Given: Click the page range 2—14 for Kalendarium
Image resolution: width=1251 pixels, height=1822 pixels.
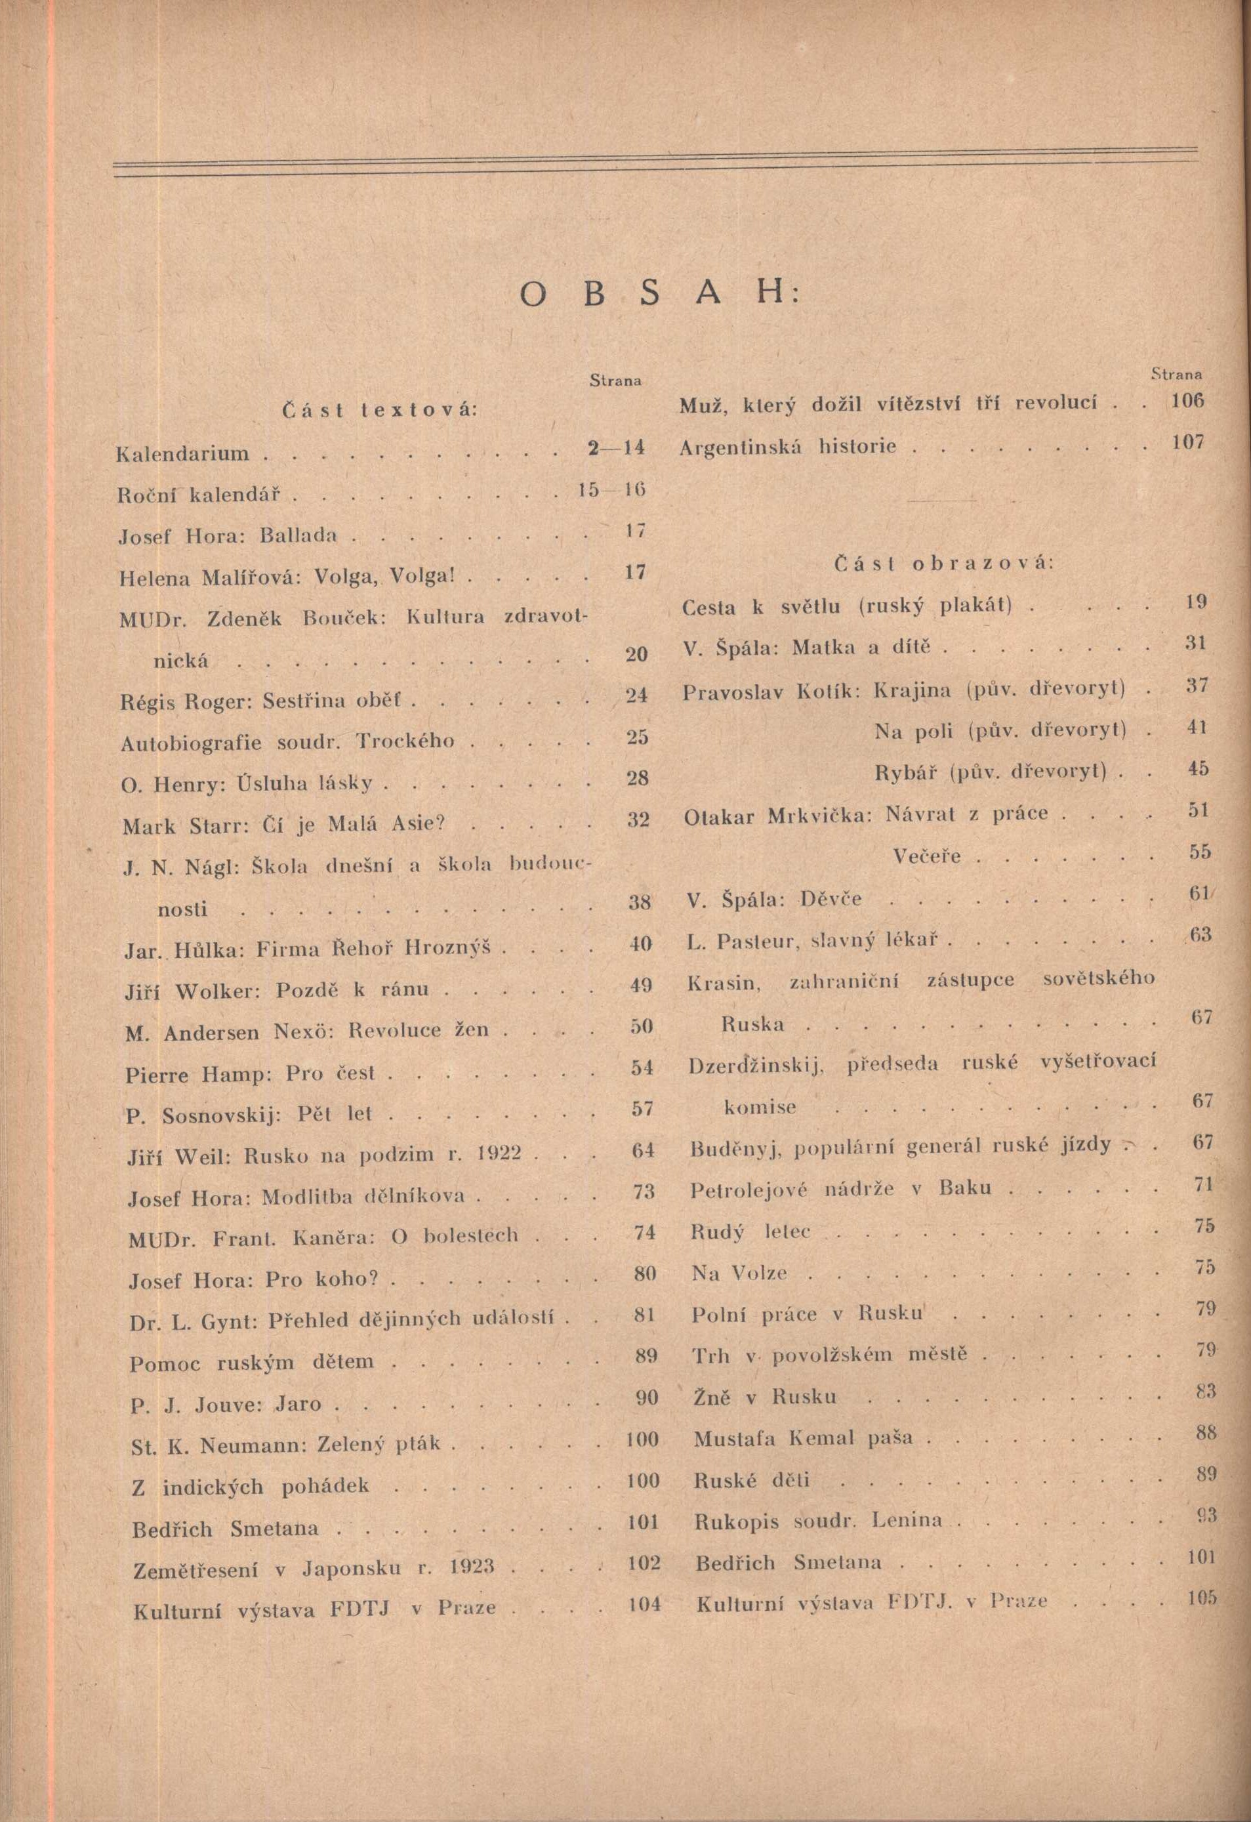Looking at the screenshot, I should click(x=615, y=449).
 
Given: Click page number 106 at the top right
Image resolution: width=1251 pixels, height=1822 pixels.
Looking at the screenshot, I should click(x=1186, y=402).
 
